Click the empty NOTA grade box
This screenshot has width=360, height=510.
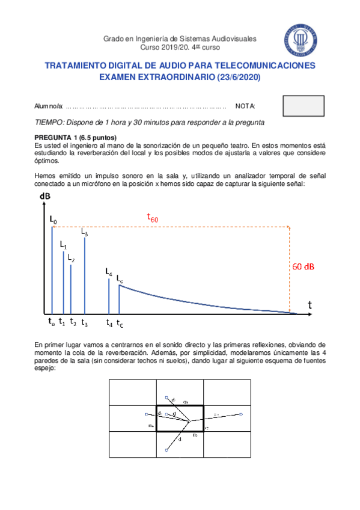(x=303, y=106)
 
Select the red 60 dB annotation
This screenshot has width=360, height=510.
(x=307, y=267)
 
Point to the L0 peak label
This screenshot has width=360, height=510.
(x=53, y=221)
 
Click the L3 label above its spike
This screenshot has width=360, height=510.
(x=85, y=232)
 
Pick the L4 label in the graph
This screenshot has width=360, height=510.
(x=109, y=272)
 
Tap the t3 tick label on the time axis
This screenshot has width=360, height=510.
(x=84, y=323)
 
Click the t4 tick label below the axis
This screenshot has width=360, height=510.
(x=109, y=323)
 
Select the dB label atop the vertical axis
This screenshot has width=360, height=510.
(x=45, y=197)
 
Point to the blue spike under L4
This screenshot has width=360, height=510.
(x=109, y=296)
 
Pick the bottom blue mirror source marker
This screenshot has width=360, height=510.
(x=167, y=449)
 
